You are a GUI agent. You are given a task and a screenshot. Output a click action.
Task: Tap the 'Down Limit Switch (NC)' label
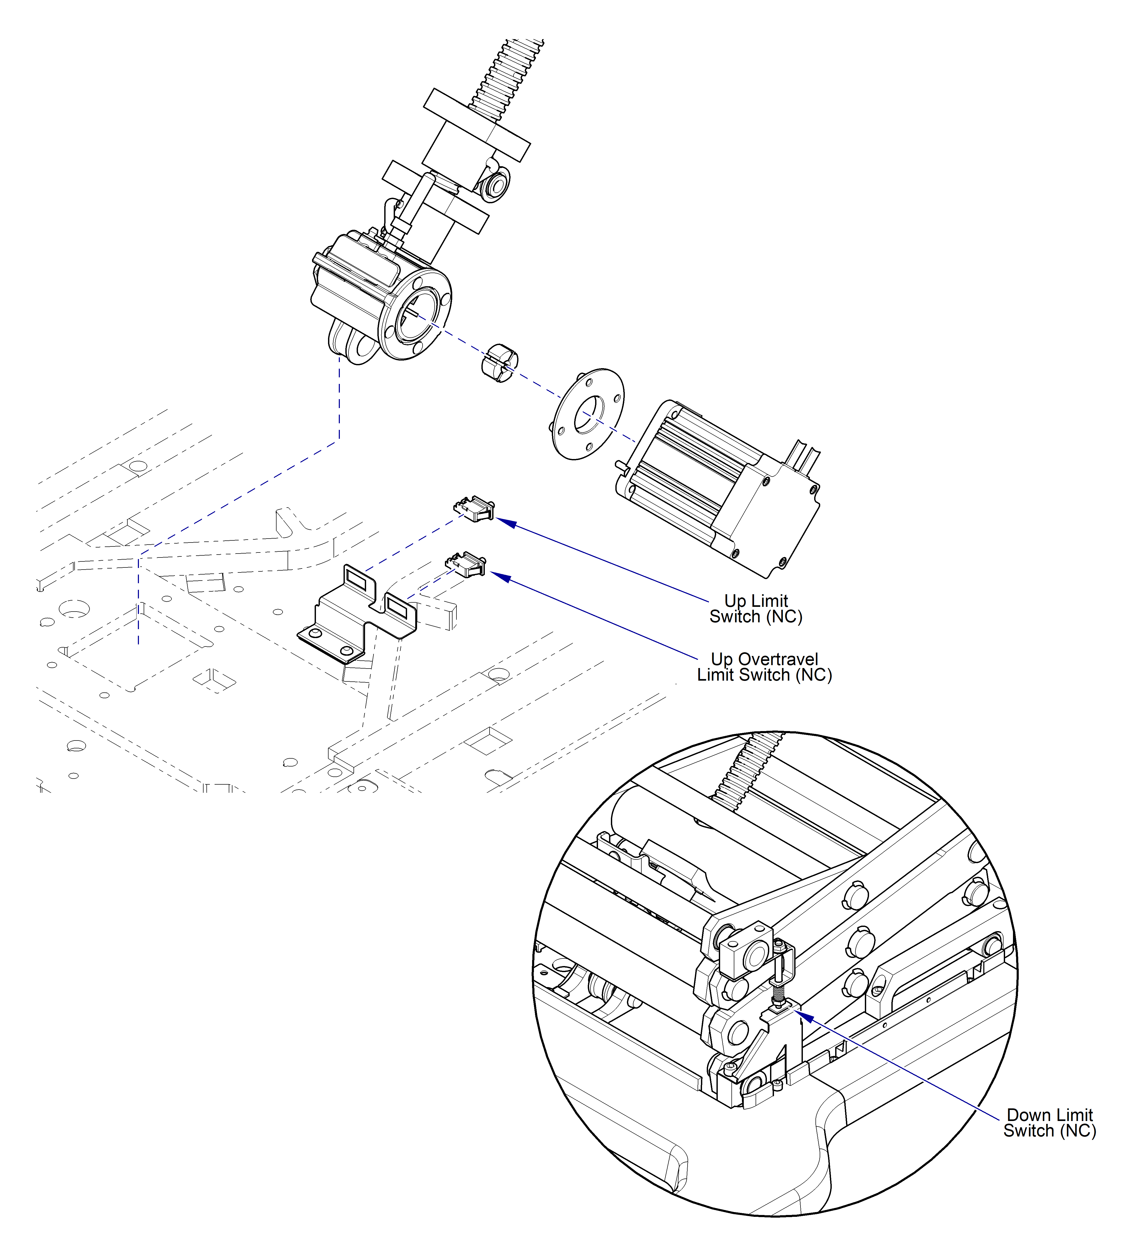1049,1123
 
